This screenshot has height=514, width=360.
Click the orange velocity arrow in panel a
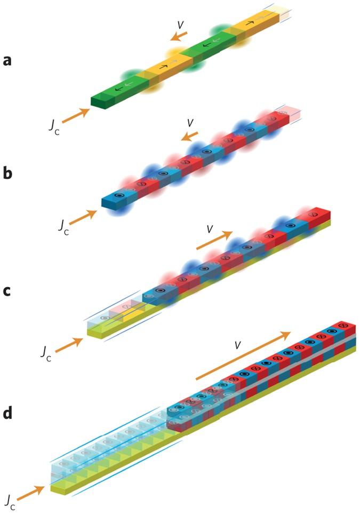tap(179, 36)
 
